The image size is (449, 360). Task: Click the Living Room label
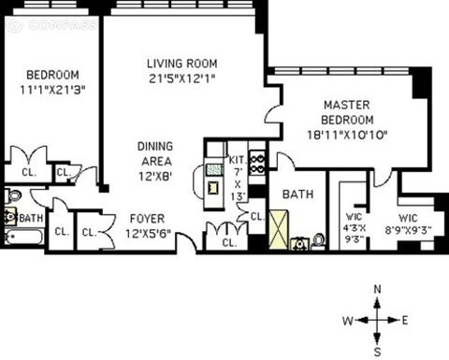tap(182, 64)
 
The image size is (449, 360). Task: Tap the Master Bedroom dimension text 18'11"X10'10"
tap(347, 136)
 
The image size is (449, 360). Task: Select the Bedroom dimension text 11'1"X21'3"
tap(52, 90)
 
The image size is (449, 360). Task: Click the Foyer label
tap(147, 219)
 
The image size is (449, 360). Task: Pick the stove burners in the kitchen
tap(257, 165)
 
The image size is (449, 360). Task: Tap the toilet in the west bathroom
tap(12, 196)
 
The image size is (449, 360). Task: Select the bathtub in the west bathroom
tap(23, 237)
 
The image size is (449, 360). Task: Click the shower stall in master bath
tap(279, 230)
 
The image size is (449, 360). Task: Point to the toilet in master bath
tap(318, 241)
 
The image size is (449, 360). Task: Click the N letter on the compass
tap(378, 290)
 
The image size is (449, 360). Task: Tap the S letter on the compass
tap(378, 353)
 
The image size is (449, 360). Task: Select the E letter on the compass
tap(405, 321)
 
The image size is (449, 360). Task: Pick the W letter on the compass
tap(348, 321)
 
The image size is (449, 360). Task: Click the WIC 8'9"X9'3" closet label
tap(408, 223)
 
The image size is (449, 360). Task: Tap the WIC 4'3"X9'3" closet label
tap(355, 228)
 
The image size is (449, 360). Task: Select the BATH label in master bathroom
tap(297, 194)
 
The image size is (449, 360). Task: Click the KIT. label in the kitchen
tap(239, 160)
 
